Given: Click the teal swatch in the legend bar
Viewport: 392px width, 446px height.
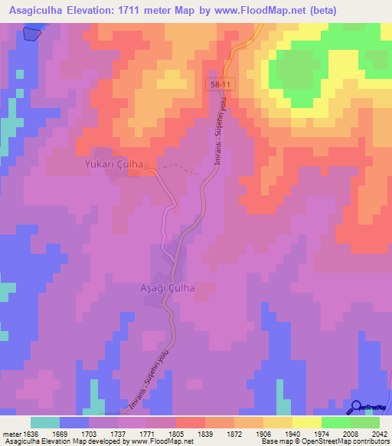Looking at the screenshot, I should point(45,421).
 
